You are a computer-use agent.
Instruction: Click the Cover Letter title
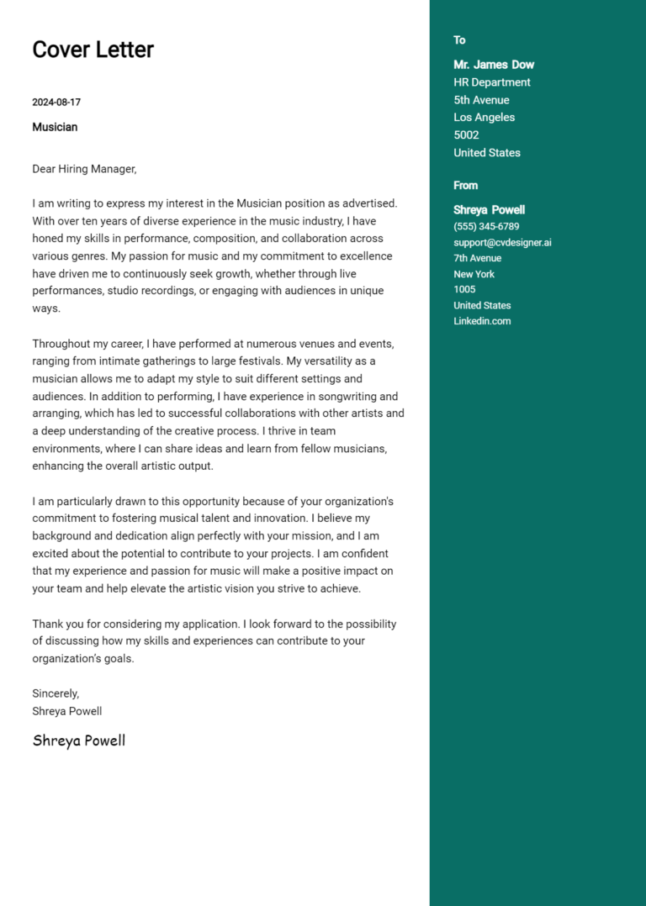tap(93, 50)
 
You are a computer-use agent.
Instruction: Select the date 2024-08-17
tap(56, 103)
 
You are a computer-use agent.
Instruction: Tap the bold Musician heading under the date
tap(55, 127)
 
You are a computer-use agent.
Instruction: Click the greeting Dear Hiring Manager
tap(84, 169)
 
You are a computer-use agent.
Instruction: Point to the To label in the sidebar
tap(459, 40)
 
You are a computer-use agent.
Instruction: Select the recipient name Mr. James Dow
tap(494, 65)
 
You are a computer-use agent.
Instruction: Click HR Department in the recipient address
tap(492, 82)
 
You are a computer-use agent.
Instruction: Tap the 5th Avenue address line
tap(481, 100)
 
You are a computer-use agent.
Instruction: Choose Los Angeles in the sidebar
tap(484, 118)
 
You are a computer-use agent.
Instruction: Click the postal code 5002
tap(466, 135)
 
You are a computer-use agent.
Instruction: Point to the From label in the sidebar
tap(465, 186)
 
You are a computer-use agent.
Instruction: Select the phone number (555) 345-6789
tap(486, 227)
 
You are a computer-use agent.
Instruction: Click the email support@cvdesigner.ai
tap(502, 243)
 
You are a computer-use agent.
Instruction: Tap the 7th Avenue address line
tap(477, 259)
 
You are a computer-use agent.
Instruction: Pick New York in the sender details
tap(474, 274)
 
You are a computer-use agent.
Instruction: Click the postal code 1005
tap(464, 290)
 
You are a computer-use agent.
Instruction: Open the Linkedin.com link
tap(482, 321)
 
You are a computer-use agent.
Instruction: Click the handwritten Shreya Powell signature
tap(79, 740)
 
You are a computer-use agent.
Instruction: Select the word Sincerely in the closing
tap(56, 693)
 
